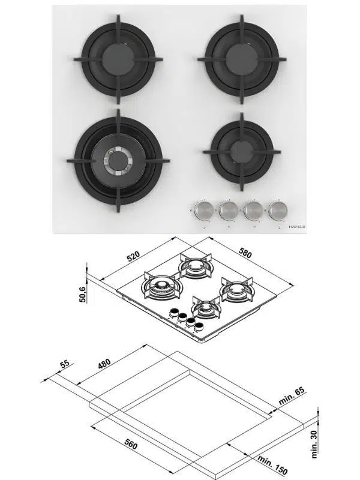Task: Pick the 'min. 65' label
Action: [292, 398]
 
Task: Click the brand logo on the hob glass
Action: [298, 227]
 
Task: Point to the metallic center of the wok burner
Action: [118, 160]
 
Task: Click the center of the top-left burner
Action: [118, 58]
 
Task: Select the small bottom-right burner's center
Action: [242, 151]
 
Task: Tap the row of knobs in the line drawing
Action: [185, 319]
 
